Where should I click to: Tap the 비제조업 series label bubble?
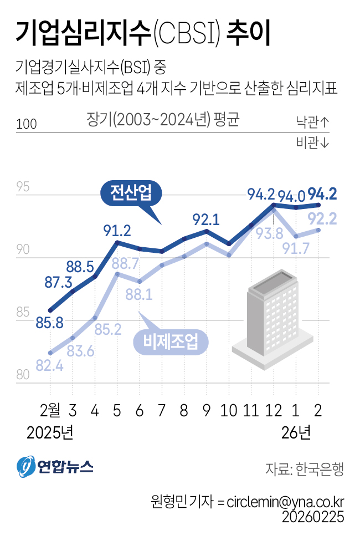(x=171, y=342)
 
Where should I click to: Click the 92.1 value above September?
(x=206, y=219)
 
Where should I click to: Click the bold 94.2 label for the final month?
(x=322, y=194)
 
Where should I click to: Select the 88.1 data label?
(x=140, y=295)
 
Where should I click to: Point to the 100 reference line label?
(x=27, y=124)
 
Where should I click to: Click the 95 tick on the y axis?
(x=23, y=187)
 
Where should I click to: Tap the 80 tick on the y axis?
(x=23, y=375)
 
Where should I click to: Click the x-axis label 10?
(x=229, y=411)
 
